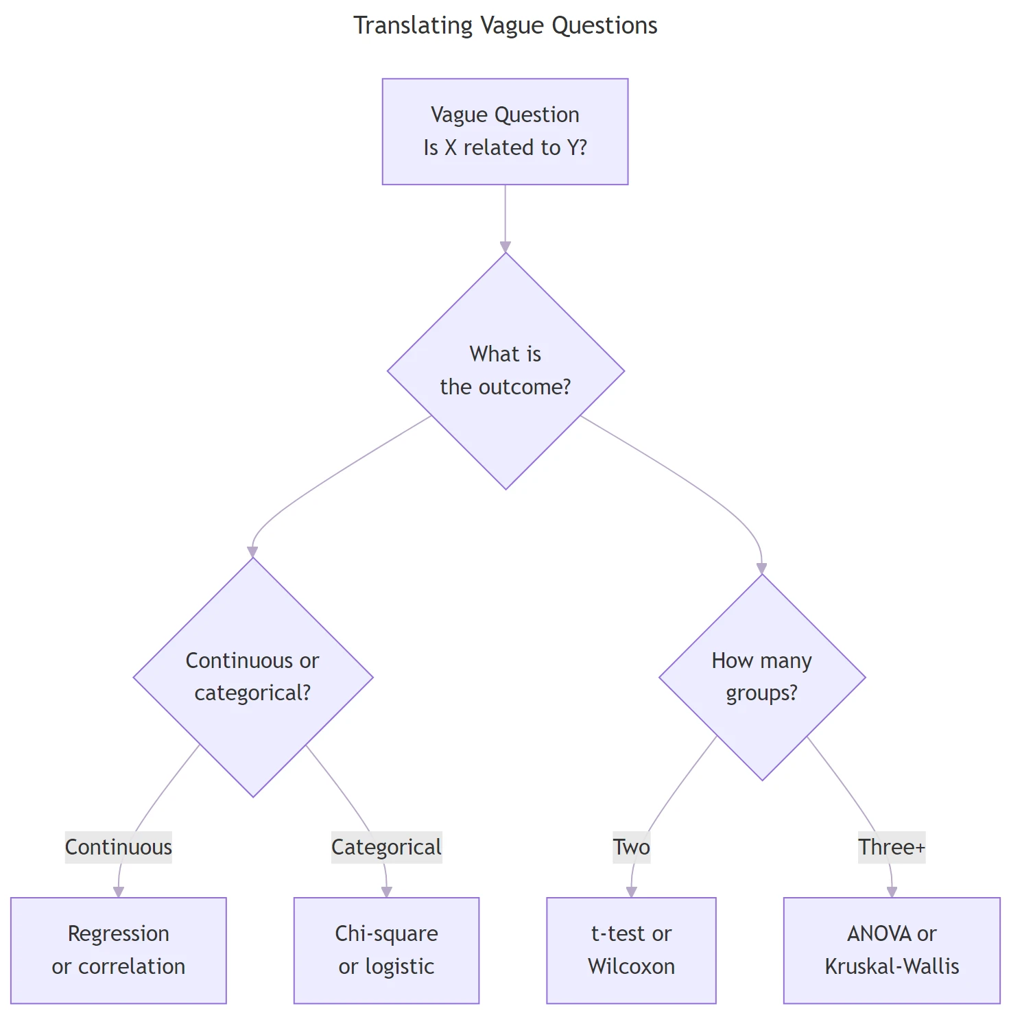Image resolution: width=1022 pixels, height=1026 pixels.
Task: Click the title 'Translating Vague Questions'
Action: tap(505, 25)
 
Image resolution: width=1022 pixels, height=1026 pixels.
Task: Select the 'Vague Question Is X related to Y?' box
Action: tap(505, 131)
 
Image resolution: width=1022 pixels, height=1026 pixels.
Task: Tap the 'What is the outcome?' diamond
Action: tap(506, 370)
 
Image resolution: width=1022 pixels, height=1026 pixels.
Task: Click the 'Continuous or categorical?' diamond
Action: tap(252, 677)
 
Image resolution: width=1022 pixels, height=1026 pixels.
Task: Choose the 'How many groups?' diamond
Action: tap(761, 677)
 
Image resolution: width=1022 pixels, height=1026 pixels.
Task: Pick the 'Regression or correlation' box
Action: tap(118, 950)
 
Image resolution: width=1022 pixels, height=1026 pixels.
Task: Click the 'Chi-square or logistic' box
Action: tap(386, 950)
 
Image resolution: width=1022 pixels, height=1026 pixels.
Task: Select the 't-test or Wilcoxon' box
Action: tap(631, 950)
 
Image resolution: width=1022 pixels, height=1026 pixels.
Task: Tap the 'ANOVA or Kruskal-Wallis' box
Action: tap(892, 950)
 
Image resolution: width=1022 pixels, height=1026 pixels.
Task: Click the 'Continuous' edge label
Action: tap(118, 847)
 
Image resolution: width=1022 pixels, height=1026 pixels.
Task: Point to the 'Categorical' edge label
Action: tap(386, 847)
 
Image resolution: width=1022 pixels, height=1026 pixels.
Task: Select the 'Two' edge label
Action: tap(631, 847)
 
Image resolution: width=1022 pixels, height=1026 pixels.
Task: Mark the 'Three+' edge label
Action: tap(892, 847)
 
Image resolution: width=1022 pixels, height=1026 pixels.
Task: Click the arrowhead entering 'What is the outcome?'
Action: tap(506, 247)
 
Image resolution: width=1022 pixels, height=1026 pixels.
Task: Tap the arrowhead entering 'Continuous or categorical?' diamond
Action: tap(252, 552)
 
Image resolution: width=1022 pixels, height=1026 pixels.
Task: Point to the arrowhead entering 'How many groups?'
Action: tap(761, 569)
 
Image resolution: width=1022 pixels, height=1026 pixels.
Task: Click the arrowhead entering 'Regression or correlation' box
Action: tap(119, 892)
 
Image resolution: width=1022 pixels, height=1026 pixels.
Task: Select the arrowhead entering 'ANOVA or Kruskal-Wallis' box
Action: tap(892, 892)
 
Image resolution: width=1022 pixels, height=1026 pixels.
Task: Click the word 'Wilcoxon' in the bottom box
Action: tap(631, 966)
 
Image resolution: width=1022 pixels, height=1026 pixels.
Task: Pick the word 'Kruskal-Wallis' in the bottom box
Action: tap(892, 966)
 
